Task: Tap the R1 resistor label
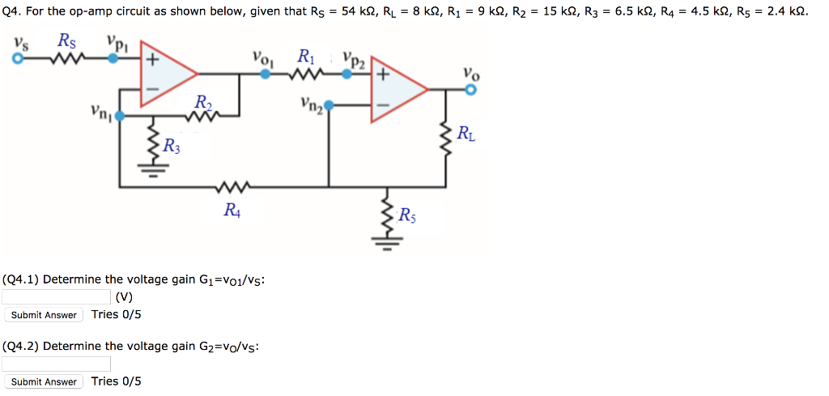click(307, 57)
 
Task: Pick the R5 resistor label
click(408, 215)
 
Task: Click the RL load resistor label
click(466, 134)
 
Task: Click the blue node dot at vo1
click(265, 73)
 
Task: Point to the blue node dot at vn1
click(120, 117)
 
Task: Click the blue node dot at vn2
click(329, 104)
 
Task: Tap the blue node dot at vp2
click(346, 73)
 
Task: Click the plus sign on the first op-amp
click(151, 59)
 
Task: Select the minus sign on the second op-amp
click(383, 104)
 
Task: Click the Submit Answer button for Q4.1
click(45, 315)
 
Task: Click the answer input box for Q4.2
click(57, 364)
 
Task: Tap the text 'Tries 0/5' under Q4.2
click(116, 381)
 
